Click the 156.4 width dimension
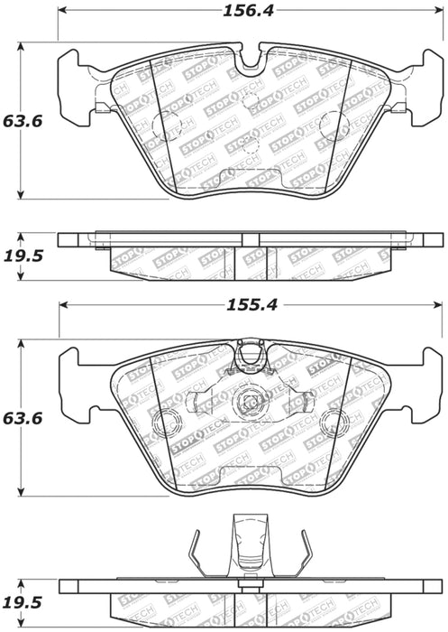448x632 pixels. tap(249, 11)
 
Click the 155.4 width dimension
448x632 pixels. tap(252, 305)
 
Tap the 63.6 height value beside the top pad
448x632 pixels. tap(23, 121)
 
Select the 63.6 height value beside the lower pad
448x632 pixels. tap(23, 418)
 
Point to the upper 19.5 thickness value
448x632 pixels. tap(23, 256)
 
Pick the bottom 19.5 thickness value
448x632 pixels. tap(23, 602)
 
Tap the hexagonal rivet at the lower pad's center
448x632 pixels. tap(247, 402)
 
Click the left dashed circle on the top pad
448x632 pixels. tap(166, 125)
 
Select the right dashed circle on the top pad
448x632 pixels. tap(333, 125)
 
